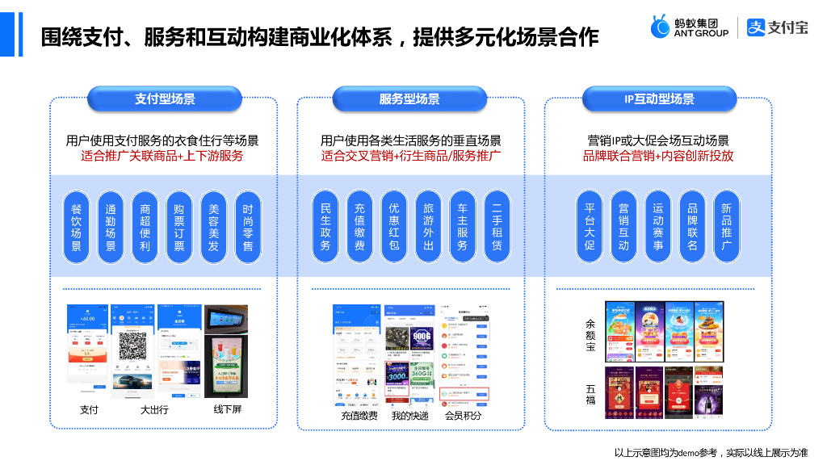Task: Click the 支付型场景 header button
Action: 165,99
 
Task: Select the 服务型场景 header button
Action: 409,99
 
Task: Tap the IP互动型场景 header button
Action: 659,99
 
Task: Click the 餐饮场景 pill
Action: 77,227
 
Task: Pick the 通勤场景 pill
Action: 111,227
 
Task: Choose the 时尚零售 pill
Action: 248,227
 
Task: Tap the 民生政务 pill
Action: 325,227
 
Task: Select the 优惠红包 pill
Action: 394,227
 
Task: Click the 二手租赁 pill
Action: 497,227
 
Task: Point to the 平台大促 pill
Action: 590,227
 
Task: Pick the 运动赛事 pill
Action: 658,227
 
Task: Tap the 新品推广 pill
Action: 726,227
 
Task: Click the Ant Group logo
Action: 690,27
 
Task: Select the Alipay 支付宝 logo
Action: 777,27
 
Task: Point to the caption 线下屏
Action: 227,409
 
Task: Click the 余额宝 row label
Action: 590,335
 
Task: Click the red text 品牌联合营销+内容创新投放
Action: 658,156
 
